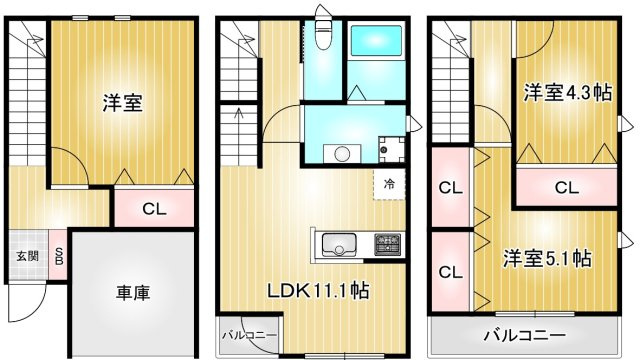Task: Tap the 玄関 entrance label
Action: pyautogui.click(x=27, y=256)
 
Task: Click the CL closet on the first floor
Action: pyautogui.click(x=152, y=209)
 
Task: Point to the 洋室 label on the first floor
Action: pyautogui.click(x=121, y=102)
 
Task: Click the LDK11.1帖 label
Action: pyautogui.click(x=318, y=291)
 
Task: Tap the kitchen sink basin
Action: pyautogui.click(x=338, y=245)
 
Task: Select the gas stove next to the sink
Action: pyautogui.click(x=387, y=244)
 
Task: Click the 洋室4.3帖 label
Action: pyautogui.click(x=567, y=93)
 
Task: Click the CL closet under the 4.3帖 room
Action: pyautogui.click(x=566, y=187)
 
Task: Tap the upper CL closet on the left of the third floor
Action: pyautogui.click(x=450, y=187)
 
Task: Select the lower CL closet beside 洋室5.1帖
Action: pyautogui.click(x=450, y=272)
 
